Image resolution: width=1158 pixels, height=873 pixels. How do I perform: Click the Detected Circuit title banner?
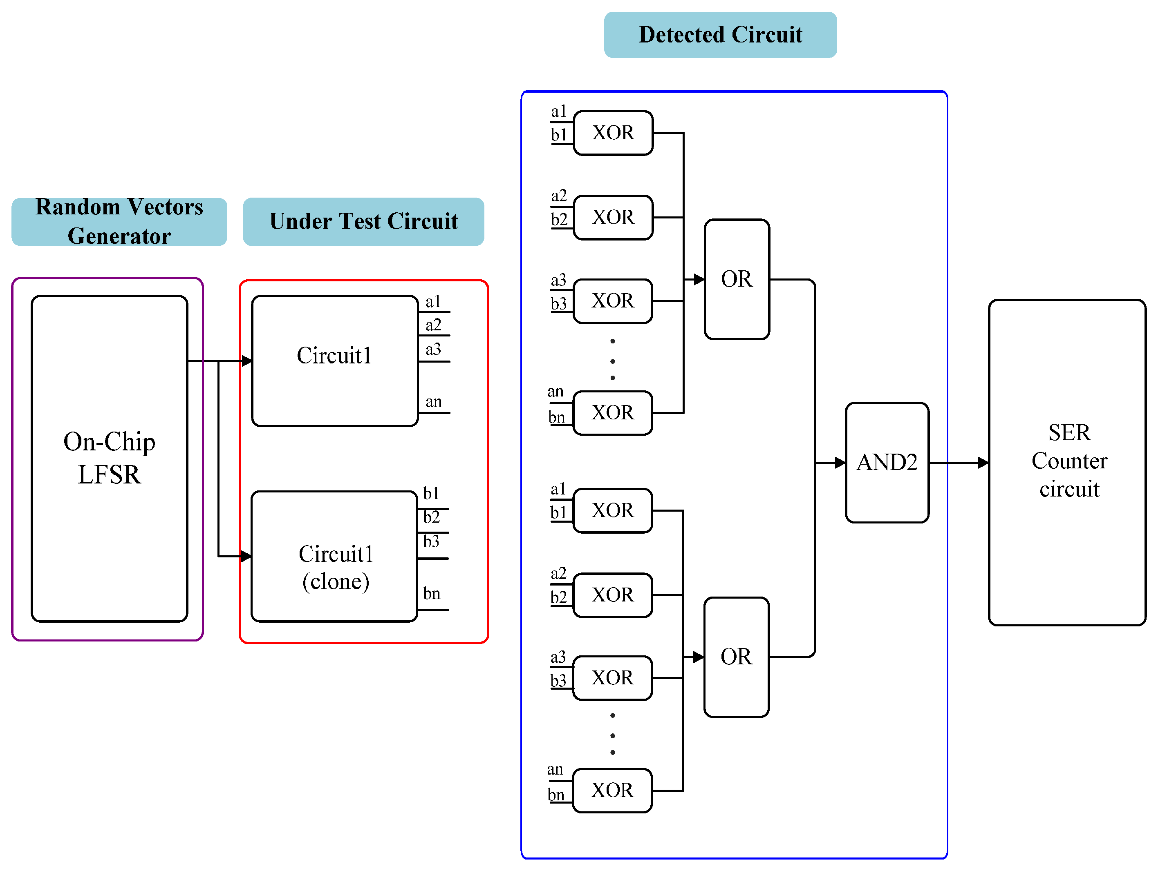(x=720, y=35)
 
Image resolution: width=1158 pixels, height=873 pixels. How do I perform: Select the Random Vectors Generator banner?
(x=119, y=221)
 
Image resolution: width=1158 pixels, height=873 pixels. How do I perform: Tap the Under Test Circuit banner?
(x=363, y=221)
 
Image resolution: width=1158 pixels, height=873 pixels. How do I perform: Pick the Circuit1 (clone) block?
(x=334, y=557)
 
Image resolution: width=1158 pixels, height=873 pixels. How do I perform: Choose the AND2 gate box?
(x=887, y=462)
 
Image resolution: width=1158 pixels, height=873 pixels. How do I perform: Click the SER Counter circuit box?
(x=1067, y=462)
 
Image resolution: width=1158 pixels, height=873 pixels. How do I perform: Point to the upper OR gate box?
(x=737, y=279)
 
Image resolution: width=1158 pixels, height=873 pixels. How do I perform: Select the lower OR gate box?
(x=736, y=657)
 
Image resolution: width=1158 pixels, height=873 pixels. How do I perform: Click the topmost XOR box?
(x=613, y=133)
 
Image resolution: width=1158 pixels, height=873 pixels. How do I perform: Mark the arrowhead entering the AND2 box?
(x=840, y=462)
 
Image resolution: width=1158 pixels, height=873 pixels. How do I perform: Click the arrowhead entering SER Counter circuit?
(x=983, y=462)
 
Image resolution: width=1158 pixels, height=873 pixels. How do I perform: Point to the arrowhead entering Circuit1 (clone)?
(x=246, y=556)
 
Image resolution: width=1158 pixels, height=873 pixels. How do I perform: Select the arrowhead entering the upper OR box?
(x=699, y=279)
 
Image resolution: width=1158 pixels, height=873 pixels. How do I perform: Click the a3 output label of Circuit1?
(x=433, y=349)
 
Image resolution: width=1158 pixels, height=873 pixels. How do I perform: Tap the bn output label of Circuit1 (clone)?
(x=432, y=593)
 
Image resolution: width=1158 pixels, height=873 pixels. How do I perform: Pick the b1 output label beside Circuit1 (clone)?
(x=431, y=493)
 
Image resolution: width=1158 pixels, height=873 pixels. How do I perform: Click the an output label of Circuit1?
(x=433, y=401)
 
